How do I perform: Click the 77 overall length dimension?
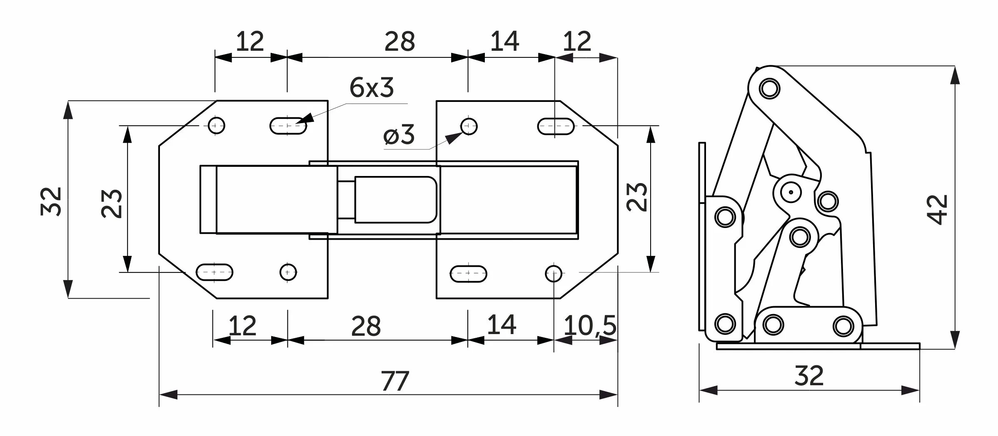point(395,381)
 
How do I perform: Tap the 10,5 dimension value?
point(589,325)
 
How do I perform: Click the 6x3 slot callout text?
point(372,88)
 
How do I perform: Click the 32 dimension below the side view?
point(809,376)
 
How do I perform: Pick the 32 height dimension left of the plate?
point(52,201)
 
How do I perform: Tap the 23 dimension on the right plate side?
point(637,197)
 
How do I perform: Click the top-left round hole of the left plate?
point(217,125)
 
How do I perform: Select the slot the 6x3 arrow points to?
point(288,126)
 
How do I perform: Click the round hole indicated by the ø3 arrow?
point(469,126)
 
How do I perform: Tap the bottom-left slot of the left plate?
point(215,272)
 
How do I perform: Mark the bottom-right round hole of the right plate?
point(554,273)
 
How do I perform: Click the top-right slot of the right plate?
point(556,126)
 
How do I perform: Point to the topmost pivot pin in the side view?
point(769,89)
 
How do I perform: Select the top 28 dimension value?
point(400,42)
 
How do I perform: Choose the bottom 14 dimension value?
point(501,325)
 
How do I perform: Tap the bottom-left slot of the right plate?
point(469,274)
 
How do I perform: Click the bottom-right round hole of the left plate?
point(288,272)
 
